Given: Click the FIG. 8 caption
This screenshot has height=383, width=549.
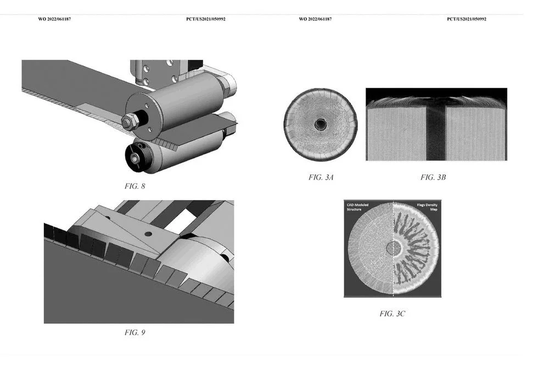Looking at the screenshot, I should tap(135, 186).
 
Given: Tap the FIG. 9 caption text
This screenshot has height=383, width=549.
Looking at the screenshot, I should tap(135, 332).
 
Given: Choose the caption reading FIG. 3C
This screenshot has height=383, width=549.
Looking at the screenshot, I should tap(393, 314).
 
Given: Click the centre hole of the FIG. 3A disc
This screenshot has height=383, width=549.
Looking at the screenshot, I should tap(320, 124).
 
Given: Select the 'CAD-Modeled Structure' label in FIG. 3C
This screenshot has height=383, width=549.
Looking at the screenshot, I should tap(357, 207).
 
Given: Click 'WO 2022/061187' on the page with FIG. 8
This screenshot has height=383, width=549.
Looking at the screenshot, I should tap(54, 19).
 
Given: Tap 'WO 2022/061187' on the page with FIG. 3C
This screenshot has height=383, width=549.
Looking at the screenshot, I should tap(315, 19).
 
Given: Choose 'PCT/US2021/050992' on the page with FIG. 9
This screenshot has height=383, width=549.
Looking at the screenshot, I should tap(206, 19).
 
